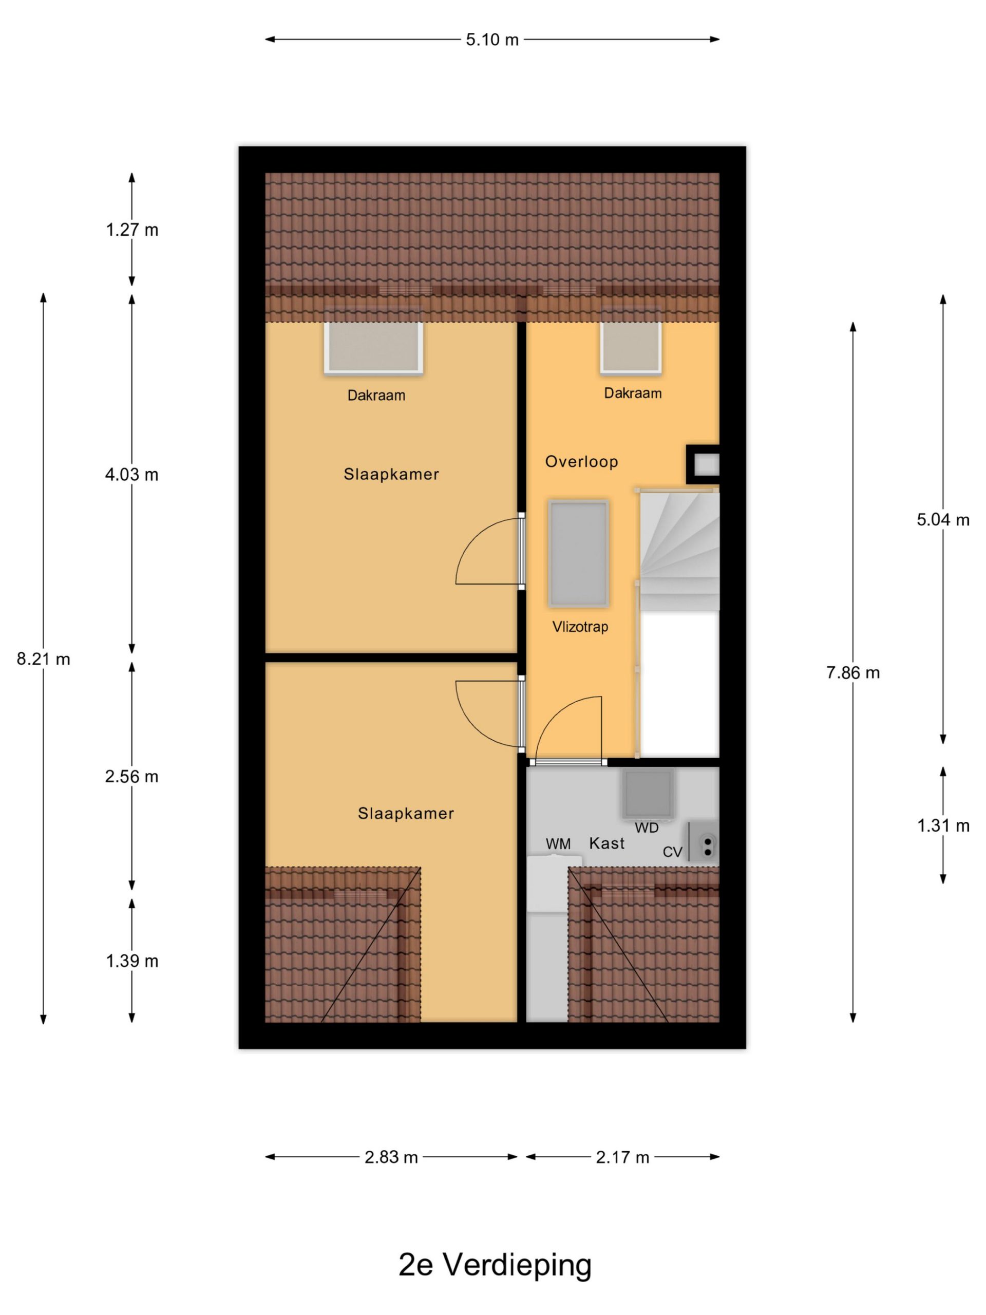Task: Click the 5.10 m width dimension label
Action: (x=491, y=40)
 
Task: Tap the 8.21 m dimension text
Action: (x=43, y=659)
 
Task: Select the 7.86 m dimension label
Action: (x=852, y=672)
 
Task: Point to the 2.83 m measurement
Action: (x=391, y=1157)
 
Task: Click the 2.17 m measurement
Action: (x=622, y=1157)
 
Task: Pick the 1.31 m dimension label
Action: (x=943, y=825)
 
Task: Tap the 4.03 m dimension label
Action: (x=131, y=475)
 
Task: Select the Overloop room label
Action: (x=581, y=461)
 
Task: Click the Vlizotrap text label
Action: (x=580, y=627)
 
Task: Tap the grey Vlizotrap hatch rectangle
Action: (x=578, y=553)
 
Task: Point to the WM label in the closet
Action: (x=558, y=844)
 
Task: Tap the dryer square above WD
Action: (x=648, y=794)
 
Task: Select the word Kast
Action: (x=607, y=843)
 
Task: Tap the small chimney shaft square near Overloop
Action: (x=703, y=464)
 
